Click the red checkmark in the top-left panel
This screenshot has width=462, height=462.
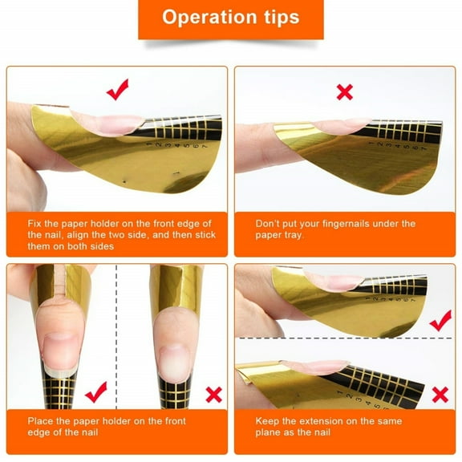[x=117, y=91]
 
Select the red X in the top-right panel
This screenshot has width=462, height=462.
[x=344, y=92]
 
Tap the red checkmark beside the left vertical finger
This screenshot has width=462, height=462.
[x=95, y=392]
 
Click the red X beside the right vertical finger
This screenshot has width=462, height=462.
[x=213, y=394]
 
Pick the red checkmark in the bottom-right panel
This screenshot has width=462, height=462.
[x=440, y=322]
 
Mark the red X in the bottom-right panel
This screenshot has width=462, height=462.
[x=440, y=394]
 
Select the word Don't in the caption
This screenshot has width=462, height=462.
[x=269, y=224]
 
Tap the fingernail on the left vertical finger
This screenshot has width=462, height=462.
[x=61, y=351]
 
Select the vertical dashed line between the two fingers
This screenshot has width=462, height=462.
[x=117, y=337]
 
